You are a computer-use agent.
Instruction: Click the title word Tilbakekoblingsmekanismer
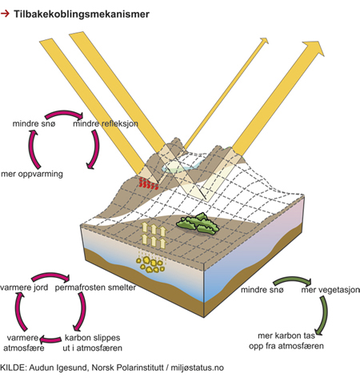click(x=82, y=14)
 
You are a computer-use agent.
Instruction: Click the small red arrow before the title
click(x=5, y=14)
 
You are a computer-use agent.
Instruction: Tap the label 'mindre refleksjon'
click(x=106, y=124)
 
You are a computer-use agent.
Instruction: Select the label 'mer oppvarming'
click(x=32, y=174)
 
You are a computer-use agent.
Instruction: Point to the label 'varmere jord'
click(x=24, y=288)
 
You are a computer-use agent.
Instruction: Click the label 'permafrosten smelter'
click(x=95, y=288)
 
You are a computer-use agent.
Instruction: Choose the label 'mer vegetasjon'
click(x=330, y=290)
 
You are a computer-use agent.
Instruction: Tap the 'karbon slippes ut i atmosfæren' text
click(x=92, y=343)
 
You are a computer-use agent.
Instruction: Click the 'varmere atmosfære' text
click(x=23, y=343)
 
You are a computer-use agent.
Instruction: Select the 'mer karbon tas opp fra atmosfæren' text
click(x=286, y=341)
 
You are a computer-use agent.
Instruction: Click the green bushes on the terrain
click(x=198, y=223)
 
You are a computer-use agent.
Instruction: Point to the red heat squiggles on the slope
click(x=148, y=183)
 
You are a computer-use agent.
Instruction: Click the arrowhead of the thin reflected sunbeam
click(x=264, y=41)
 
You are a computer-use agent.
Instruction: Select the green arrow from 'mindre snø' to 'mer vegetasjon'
click(x=292, y=280)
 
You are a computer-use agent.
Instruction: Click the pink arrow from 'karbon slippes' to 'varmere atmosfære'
click(x=50, y=340)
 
